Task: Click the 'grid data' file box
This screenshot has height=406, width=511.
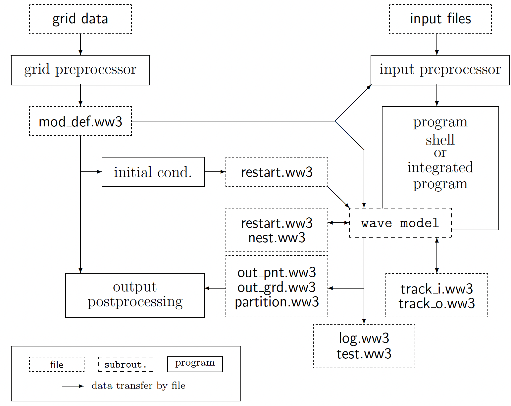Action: tap(80, 19)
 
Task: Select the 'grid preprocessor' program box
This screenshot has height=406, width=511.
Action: tap(80, 70)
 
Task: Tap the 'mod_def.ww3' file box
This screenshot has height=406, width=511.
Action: tap(80, 121)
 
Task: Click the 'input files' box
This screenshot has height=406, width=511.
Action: tap(440, 19)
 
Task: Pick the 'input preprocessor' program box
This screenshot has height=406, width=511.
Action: tap(440, 70)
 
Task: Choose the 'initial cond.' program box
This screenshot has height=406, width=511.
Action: tap(153, 172)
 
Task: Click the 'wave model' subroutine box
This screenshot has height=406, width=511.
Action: tap(400, 223)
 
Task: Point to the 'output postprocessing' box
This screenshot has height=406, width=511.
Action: tap(135, 295)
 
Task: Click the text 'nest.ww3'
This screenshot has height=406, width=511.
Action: tap(277, 238)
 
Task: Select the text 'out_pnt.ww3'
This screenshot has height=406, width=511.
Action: tap(277, 273)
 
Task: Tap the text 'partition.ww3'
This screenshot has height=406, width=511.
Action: tap(277, 302)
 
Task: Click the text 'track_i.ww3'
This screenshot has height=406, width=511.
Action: tap(436, 289)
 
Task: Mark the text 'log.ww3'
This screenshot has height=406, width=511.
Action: tap(364, 338)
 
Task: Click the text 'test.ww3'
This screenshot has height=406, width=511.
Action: tap(364, 354)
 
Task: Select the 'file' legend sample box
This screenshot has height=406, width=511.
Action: tap(57, 364)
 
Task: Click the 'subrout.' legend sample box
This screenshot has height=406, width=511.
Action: tap(126, 364)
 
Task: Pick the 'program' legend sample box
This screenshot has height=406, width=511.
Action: tap(195, 364)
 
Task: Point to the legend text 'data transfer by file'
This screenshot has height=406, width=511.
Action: tap(138, 386)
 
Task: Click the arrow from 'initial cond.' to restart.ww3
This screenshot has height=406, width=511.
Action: tap(215, 172)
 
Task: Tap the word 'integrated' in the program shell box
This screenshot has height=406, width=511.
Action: tap(440, 167)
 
